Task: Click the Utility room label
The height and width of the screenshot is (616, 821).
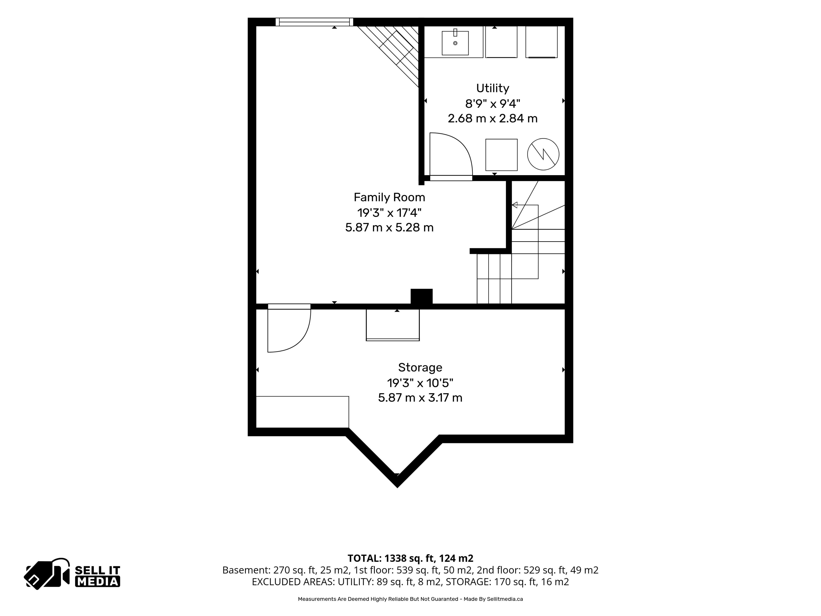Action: (x=493, y=88)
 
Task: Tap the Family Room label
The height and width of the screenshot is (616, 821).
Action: (x=389, y=197)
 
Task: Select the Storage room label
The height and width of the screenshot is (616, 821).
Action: (x=420, y=367)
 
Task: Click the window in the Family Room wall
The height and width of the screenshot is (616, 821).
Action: (x=314, y=22)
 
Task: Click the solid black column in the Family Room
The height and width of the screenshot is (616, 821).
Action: (x=421, y=297)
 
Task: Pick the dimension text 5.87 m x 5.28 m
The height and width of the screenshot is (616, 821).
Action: (x=389, y=227)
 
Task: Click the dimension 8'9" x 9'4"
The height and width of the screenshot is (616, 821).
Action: (x=493, y=103)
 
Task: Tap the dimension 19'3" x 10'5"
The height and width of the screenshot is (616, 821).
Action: (x=420, y=382)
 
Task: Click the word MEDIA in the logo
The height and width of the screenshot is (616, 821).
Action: (x=98, y=582)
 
